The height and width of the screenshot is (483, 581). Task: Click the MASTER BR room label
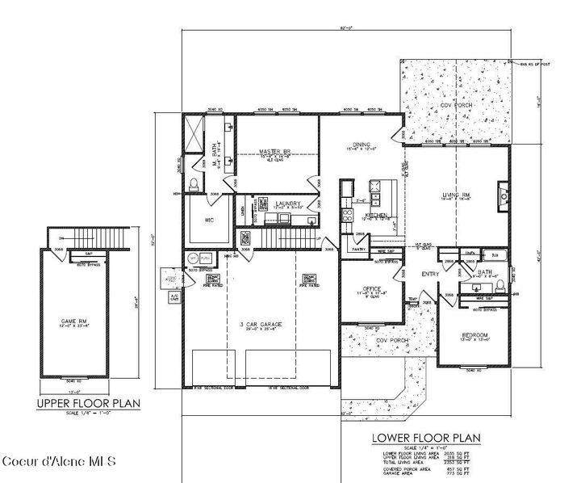pyautogui.click(x=274, y=151)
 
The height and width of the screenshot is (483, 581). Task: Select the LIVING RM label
pyautogui.click(x=456, y=195)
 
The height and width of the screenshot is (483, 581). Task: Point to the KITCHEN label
pyautogui.click(x=375, y=216)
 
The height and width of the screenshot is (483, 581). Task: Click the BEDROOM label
pyautogui.click(x=474, y=334)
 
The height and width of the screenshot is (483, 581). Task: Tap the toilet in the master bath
pyautogui.click(x=194, y=185)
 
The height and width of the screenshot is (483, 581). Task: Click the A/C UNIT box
pyautogui.click(x=173, y=297)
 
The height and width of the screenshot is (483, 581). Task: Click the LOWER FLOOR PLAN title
pyautogui.click(x=426, y=439)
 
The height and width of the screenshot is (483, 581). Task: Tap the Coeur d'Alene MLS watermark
pyautogui.click(x=61, y=462)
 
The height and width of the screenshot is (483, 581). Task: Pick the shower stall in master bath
pyautogui.click(x=194, y=132)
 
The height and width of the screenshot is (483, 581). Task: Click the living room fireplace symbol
pyautogui.click(x=504, y=195)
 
